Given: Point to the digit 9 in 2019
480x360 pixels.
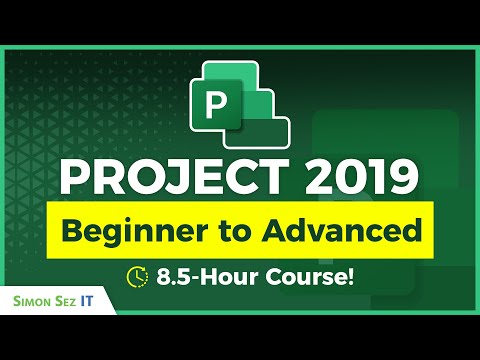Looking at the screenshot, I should [x=399, y=181].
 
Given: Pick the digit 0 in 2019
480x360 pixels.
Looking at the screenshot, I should [x=349, y=181].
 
